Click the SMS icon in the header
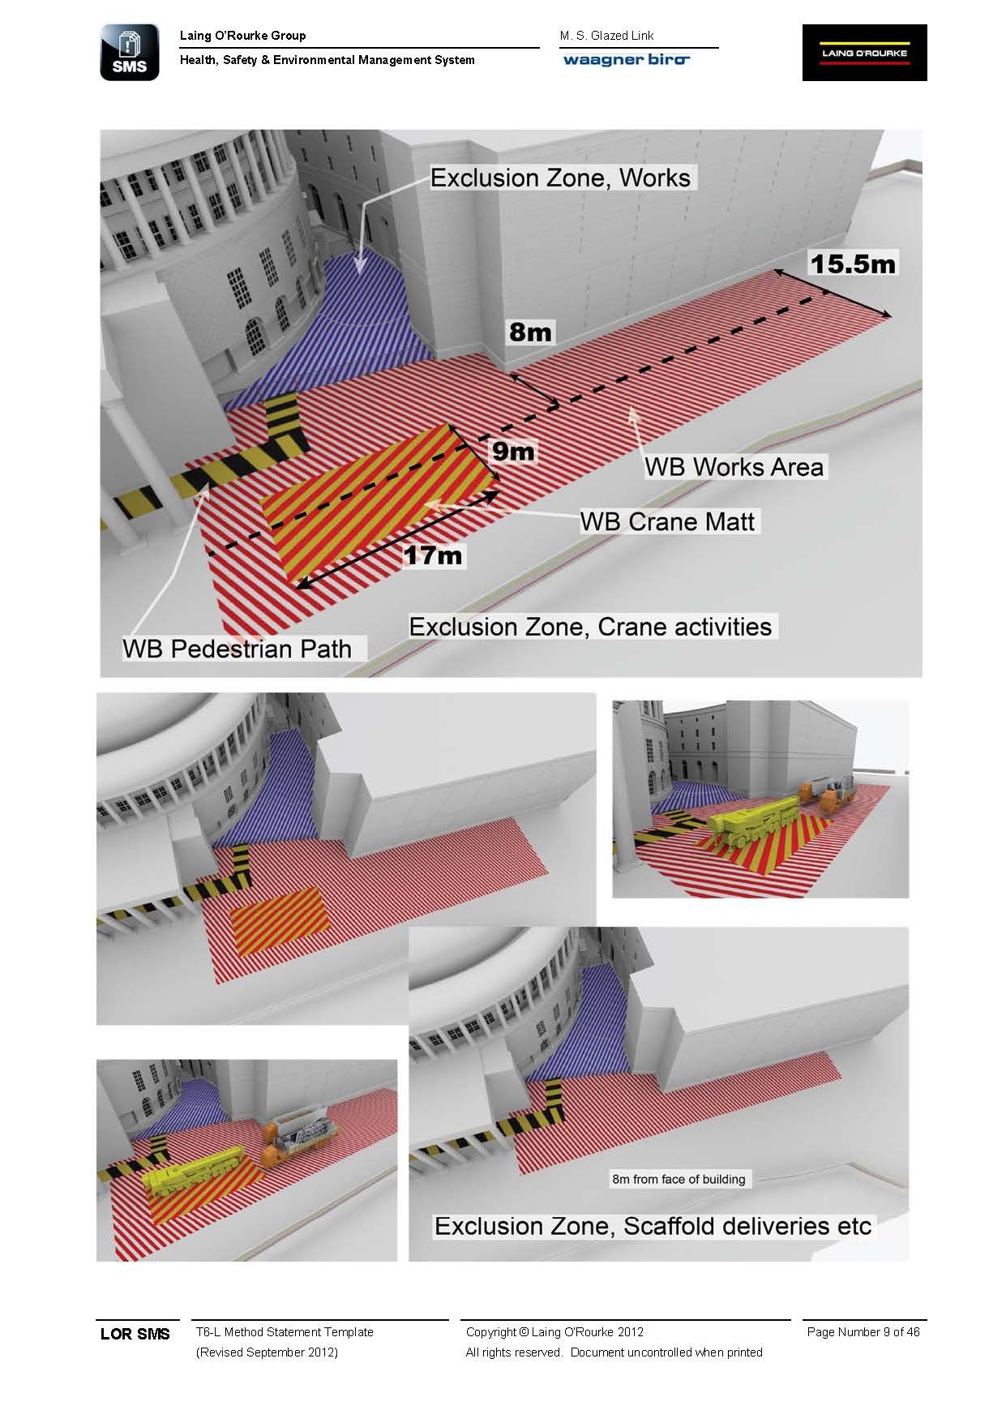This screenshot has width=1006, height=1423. pyautogui.click(x=130, y=53)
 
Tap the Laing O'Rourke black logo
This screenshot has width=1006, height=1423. pyautogui.click(x=864, y=53)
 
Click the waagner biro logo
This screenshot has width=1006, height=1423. pyautogui.click(x=626, y=60)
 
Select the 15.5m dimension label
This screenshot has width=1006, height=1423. pyautogui.click(x=852, y=264)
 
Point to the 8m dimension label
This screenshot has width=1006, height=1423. pyautogui.click(x=530, y=332)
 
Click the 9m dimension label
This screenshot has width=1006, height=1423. pyautogui.click(x=513, y=451)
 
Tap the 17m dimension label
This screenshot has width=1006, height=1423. pyautogui.click(x=433, y=555)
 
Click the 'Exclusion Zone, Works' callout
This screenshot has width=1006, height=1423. pyautogui.click(x=560, y=178)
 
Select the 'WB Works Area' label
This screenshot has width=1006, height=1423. pyautogui.click(x=734, y=467)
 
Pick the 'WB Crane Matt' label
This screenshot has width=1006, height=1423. pyautogui.click(x=667, y=521)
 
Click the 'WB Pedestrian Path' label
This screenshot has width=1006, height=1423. pyautogui.click(x=238, y=649)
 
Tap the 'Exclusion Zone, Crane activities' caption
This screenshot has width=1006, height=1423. pyautogui.click(x=590, y=627)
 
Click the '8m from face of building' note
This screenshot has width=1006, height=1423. pyautogui.click(x=679, y=1179)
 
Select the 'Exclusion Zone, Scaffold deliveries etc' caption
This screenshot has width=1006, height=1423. pyautogui.click(x=653, y=1226)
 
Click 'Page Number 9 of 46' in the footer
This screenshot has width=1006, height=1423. pyautogui.click(x=863, y=1331)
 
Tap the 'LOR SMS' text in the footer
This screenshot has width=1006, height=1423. pyautogui.click(x=135, y=1334)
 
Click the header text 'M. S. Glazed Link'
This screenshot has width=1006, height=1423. pyautogui.click(x=606, y=36)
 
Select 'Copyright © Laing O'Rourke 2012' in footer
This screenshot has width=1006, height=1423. pyautogui.click(x=554, y=1331)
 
